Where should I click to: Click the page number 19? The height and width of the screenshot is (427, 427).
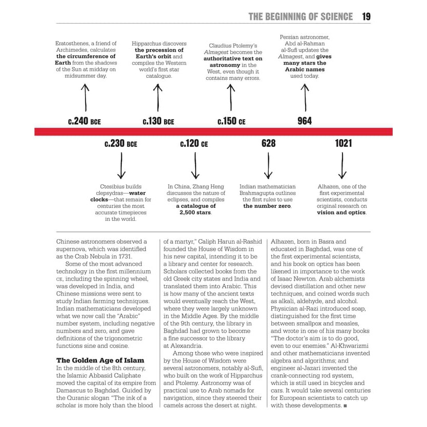pos(366,16)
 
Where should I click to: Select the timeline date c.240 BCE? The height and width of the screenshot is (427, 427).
pos(84,121)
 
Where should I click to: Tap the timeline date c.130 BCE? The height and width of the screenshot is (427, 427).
pos(158,121)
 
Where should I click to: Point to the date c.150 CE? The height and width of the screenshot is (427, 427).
pos(231,121)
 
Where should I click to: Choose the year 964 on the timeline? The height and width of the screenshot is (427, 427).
pos(305,121)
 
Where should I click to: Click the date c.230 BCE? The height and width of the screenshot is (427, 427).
pos(121,143)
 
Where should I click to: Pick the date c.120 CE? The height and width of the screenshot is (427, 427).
pos(194,143)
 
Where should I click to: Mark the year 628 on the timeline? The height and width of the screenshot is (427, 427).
pos(268,143)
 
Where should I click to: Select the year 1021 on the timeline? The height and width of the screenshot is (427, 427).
pos(344,143)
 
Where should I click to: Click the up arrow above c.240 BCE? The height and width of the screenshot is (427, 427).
pos(86,97)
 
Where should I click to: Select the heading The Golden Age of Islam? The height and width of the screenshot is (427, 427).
pos(100,360)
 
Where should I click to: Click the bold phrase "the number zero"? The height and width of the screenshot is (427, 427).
pos(267,206)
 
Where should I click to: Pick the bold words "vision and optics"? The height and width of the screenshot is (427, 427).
pos(341,212)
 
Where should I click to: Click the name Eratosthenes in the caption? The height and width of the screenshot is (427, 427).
pos(72,44)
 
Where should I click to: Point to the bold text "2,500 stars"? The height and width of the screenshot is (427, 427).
pos(195,212)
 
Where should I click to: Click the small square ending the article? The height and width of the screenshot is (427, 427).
pos(346,406)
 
